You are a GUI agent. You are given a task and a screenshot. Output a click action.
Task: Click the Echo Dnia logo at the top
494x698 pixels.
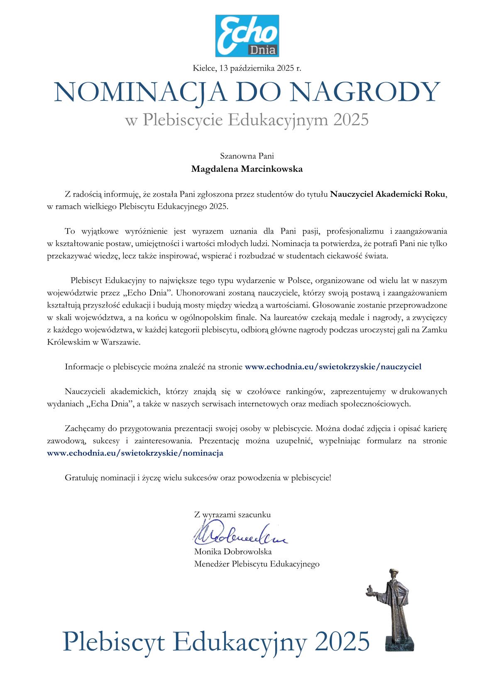pyautogui.click(x=247, y=36)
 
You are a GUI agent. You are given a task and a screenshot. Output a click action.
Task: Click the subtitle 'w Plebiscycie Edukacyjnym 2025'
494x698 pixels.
pyautogui.click(x=247, y=120)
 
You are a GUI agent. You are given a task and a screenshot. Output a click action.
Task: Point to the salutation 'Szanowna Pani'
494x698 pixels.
pyautogui.click(x=247, y=156)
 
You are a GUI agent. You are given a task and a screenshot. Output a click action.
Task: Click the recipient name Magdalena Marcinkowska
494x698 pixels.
pyautogui.click(x=247, y=169)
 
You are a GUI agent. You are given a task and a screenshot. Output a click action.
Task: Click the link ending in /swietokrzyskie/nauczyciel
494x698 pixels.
pyautogui.click(x=333, y=366)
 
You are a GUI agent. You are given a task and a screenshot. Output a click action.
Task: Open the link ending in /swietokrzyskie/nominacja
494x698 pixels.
pyautogui.click(x=135, y=453)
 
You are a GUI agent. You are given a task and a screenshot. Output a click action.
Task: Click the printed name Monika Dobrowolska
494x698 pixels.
pyautogui.click(x=232, y=552)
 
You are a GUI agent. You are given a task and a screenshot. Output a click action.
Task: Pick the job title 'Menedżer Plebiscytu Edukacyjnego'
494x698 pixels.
pyautogui.click(x=257, y=564)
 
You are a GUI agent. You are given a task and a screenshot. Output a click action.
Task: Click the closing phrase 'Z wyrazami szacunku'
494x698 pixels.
pyautogui.click(x=232, y=515)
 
